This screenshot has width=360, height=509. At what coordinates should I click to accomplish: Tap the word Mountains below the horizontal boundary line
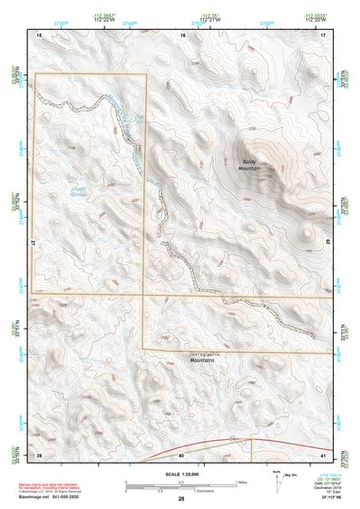pos(207,360)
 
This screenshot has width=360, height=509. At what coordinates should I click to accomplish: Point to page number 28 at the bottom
pos(180,499)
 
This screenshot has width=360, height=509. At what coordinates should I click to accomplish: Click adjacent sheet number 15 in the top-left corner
pos(39,34)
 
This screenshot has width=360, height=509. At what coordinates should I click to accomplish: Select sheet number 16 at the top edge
pos(182,34)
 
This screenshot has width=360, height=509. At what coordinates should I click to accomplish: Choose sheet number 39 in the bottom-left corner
pos(39,453)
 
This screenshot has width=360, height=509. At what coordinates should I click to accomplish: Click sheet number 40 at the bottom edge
pos(181,453)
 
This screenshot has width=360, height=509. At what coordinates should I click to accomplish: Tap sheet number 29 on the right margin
pos(330,243)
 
